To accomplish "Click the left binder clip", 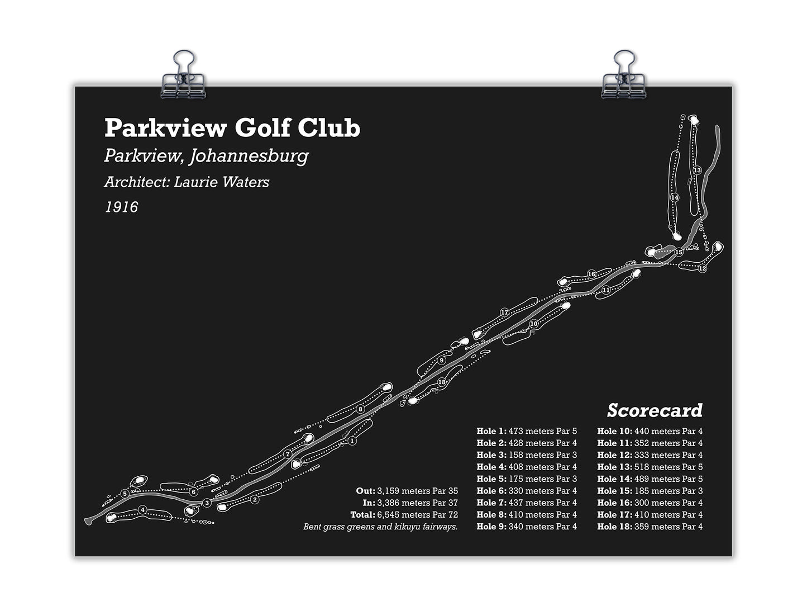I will pos(184,78).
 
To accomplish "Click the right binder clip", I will pos(623,78).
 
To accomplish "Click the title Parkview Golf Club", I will pos(232,128).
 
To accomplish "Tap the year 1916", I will pos(121,207).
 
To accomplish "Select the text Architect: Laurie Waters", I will pos(187,182).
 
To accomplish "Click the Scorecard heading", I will pos(655,410).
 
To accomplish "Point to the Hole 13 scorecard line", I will pos(650,467).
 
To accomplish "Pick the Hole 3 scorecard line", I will pos(527,455).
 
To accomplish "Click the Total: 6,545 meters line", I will pos(404,515).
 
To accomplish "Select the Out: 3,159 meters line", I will pos(407,491).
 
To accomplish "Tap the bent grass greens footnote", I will pos(380,527).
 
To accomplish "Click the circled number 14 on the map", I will pos(675,198).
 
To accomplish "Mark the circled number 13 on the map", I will pos(697,170).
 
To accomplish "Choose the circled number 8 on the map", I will pos(361,409).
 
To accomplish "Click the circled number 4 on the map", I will pos(143,509).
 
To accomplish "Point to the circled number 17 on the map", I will pos(504,312).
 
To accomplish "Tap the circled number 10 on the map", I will pos(534,324).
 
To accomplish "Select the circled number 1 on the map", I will pos(352,441).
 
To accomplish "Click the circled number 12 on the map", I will pos(702,269).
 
